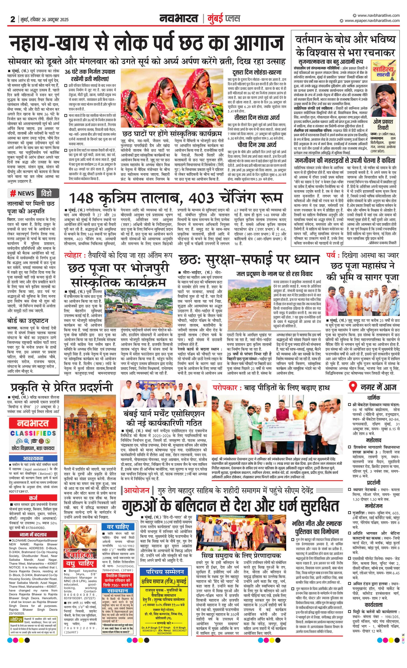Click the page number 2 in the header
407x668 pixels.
pos(12,19)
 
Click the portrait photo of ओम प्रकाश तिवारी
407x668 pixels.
pos(383,100)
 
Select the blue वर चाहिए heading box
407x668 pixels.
pos(118,527)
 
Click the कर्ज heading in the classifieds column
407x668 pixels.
pos(33,498)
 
